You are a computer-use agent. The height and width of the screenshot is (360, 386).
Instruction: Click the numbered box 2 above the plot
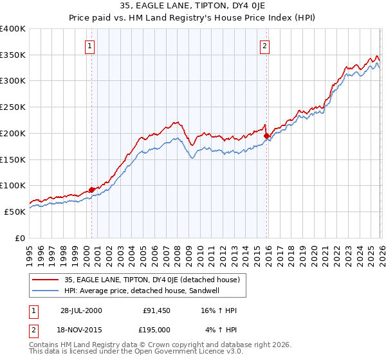[264, 46]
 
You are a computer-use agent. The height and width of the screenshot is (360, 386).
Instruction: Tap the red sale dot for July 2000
[92, 190]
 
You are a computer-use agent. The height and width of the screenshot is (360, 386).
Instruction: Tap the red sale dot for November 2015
[266, 136]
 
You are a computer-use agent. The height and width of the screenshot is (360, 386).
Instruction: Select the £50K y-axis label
[14, 212]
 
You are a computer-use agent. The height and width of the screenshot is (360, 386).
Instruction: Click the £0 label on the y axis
[21, 238]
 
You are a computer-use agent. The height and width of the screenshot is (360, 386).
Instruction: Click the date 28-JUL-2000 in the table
[80, 310]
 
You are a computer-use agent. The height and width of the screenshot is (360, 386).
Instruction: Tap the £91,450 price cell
[157, 310]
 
